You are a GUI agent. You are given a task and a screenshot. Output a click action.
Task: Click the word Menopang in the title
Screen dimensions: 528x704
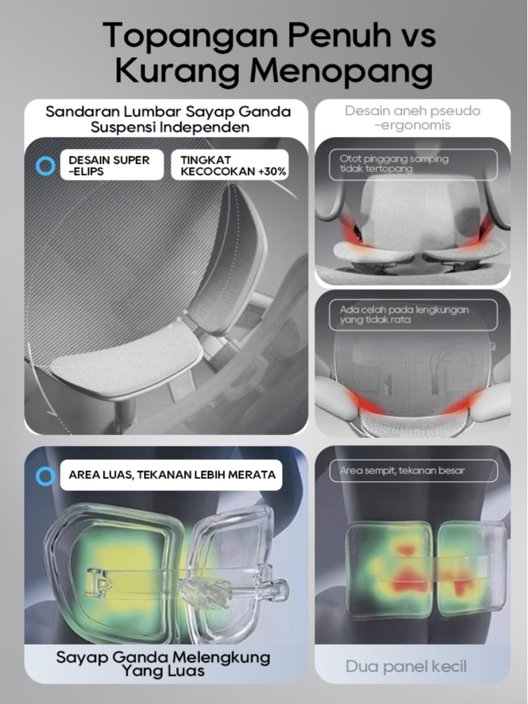(x=341, y=71)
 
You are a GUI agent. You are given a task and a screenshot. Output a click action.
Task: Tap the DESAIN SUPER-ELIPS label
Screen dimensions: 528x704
(x=111, y=165)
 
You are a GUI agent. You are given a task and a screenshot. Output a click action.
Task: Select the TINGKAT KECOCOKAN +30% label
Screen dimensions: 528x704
(x=230, y=165)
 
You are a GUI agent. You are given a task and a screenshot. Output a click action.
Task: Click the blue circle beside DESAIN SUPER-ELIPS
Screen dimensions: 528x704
(x=45, y=166)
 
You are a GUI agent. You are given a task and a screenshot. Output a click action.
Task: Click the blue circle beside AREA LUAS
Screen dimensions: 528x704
(x=45, y=476)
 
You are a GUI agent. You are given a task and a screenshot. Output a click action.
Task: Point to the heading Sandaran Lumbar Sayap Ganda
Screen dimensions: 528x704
(x=168, y=111)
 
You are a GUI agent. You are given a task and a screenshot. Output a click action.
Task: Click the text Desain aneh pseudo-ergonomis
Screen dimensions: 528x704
(x=412, y=118)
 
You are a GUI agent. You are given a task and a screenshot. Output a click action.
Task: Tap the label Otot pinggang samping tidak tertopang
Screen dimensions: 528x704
(x=413, y=164)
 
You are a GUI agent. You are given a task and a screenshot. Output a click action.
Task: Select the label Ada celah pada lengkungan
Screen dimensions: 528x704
(x=413, y=315)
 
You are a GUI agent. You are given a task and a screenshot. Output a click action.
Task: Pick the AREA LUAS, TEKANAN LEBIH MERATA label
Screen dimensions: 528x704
(x=171, y=475)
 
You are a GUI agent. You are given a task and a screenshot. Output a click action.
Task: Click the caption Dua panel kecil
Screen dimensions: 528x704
(x=406, y=667)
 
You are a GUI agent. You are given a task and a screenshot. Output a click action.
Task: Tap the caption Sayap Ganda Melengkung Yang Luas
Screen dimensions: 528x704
(x=164, y=664)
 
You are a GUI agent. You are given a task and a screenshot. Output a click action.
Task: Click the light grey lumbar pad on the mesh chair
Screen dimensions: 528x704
(x=127, y=357)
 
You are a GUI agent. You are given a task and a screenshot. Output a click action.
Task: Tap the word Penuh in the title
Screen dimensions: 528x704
(x=338, y=35)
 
